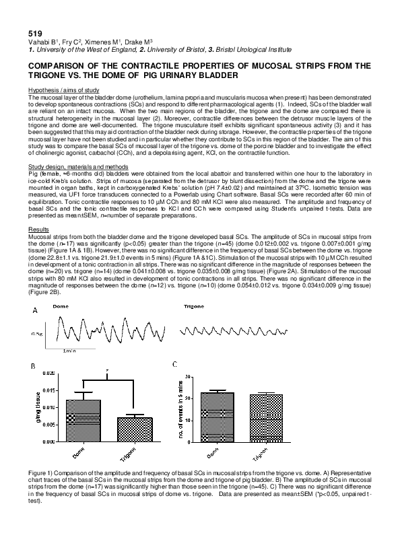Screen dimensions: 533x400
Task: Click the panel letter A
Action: point(34,311)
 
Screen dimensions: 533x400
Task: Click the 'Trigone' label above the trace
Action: point(193,306)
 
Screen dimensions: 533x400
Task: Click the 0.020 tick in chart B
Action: point(50,373)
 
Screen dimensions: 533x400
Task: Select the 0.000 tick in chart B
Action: point(50,442)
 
